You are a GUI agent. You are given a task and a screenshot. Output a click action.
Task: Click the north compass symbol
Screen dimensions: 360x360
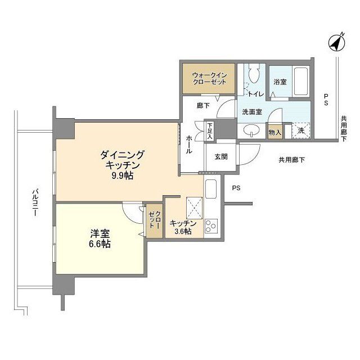pos(337,43)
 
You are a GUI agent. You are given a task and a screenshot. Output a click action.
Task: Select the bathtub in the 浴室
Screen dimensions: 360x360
pos(301,81)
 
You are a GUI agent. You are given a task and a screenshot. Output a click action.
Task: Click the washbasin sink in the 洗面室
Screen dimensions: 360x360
pos(251,130)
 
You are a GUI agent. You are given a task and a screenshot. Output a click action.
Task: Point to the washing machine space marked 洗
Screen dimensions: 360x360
pos(301,131)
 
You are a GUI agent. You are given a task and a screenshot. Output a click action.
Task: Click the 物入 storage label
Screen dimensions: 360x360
pos(275,132)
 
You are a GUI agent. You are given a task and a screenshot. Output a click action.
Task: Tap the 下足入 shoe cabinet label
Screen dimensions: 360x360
pos(210,131)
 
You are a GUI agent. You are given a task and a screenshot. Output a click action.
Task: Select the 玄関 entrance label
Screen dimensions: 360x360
pos(221,157)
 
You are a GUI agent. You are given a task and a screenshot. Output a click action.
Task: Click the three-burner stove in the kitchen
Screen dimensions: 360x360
pos(211,226)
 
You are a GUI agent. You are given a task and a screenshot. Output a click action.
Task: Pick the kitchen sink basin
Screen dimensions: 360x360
pos(211,189)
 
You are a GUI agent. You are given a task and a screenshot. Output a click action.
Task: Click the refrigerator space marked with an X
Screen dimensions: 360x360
pos(195,208)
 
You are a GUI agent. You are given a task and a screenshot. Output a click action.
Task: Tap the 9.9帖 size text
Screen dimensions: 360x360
pos(123,175)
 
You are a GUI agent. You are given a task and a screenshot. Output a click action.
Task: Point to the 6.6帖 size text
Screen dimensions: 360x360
pos(100,244)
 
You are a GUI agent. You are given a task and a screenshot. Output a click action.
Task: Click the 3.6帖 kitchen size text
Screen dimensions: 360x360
pos(183,231)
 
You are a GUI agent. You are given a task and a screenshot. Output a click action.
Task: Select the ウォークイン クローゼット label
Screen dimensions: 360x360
pos(209,79)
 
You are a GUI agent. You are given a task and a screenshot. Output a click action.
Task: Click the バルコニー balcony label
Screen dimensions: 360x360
pos(35,202)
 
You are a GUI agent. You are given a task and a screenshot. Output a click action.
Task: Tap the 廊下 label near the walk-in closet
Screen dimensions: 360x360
pos(203,105)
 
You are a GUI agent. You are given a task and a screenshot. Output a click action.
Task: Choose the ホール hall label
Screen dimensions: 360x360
pos(189,145)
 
